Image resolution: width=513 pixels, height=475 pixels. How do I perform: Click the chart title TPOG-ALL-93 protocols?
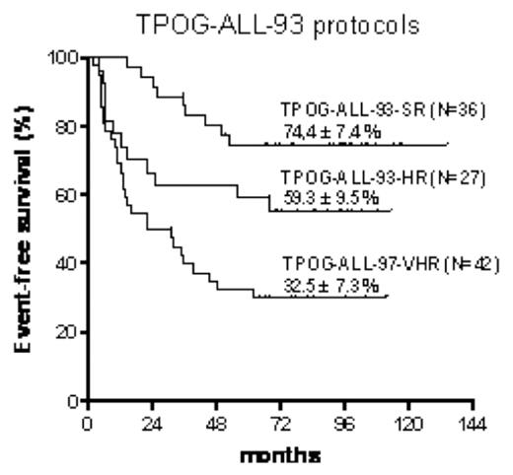click(x=263, y=23)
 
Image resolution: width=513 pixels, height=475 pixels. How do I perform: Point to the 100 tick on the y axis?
click(x=64, y=58)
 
